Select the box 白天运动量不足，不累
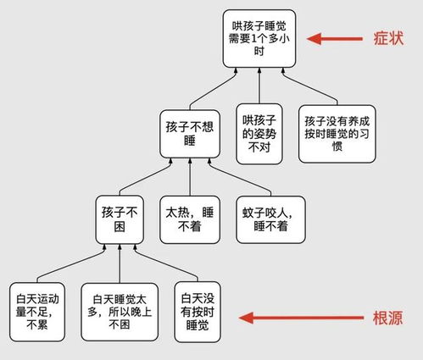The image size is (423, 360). (36, 310)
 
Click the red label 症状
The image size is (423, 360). (387, 38)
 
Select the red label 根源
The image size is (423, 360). (387, 318)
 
